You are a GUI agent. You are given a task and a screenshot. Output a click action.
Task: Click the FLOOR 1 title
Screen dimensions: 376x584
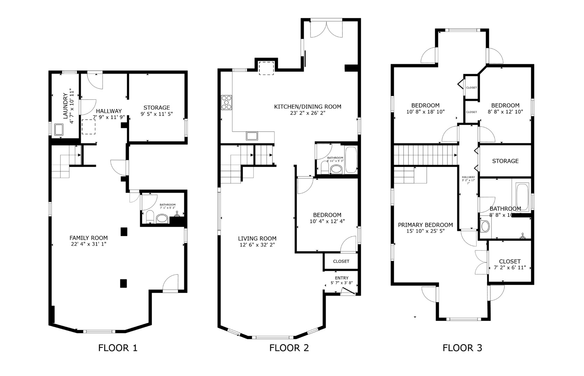point(118,348)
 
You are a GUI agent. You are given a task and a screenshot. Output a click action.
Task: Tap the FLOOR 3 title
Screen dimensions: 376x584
point(462,348)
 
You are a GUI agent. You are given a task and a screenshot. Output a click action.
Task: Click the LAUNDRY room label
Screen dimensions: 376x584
point(65,106)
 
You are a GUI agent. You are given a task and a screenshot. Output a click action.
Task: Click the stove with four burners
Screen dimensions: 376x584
point(227,102)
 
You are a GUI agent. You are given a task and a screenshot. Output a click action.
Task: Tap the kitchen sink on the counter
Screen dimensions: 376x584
point(252,136)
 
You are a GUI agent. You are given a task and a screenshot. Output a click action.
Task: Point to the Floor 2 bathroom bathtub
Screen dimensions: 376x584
point(351,160)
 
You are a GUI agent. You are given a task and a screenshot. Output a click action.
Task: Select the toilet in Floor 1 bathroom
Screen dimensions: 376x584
point(150,217)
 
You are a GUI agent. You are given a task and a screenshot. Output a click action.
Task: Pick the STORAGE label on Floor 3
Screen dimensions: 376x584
point(505,161)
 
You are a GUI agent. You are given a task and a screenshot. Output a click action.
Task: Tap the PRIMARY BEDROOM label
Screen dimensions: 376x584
point(425,225)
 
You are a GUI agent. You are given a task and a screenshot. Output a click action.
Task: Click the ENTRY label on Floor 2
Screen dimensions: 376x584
point(341,278)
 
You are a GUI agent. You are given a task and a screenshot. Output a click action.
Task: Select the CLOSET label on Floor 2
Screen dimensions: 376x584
point(341,261)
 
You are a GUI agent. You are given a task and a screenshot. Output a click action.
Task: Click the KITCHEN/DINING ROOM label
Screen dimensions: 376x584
point(308,107)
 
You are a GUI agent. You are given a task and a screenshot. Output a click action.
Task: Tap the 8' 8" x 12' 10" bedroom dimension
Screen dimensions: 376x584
point(505,112)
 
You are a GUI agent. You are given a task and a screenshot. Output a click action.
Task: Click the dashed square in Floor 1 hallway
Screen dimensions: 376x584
point(89,127)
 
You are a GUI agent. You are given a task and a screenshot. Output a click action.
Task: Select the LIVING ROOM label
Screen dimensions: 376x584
point(257,238)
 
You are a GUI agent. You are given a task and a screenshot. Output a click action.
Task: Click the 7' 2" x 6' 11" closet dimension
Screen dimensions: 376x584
point(510,268)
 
